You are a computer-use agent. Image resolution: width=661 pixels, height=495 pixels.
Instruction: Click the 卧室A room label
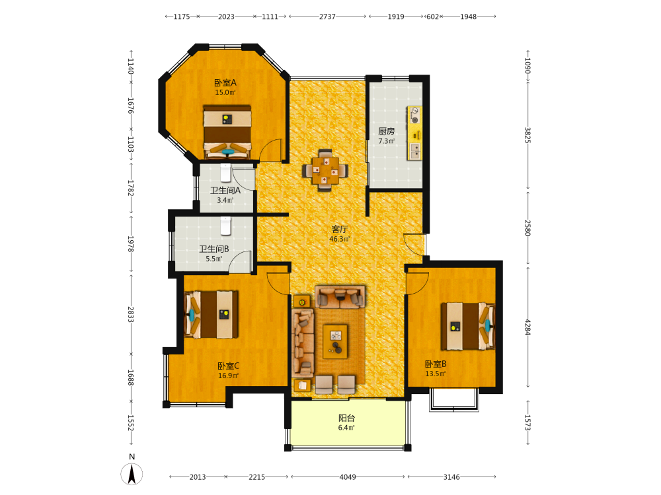pos(225,82)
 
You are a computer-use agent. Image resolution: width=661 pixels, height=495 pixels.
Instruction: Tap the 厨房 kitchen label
pos(386,131)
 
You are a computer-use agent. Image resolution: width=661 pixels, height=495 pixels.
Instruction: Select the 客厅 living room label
pos(339,229)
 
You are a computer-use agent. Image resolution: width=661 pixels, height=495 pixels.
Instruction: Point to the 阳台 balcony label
pos(346,418)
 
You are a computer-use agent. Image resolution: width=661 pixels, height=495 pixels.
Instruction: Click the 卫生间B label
pos(214,249)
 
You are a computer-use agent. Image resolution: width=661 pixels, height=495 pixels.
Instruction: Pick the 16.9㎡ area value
pos(228,376)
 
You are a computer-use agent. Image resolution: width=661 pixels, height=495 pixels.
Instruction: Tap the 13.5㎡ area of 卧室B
pos(435,374)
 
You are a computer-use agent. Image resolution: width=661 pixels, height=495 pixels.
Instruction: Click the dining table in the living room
pos(325,170)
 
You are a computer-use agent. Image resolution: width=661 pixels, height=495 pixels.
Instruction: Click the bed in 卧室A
pos(227,132)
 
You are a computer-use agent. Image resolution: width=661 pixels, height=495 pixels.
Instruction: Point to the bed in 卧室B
pos(468,326)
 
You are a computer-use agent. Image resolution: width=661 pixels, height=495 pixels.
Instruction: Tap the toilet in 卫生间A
pos(226,173)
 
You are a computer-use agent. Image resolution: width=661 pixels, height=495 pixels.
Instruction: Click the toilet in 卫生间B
pos(226,226)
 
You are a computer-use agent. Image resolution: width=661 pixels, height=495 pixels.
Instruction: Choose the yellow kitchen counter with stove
pos(414,133)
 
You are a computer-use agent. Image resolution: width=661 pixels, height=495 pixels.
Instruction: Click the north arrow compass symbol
pos(132,473)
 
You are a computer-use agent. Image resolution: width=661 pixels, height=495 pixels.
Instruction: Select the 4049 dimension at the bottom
pos(348,477)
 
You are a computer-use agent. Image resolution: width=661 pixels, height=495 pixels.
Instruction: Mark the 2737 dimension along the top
pos(327,16)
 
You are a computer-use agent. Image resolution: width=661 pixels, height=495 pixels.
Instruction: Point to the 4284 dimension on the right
pos(527,327)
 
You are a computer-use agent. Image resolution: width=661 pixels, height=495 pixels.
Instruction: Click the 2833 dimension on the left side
pos(131,314)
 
